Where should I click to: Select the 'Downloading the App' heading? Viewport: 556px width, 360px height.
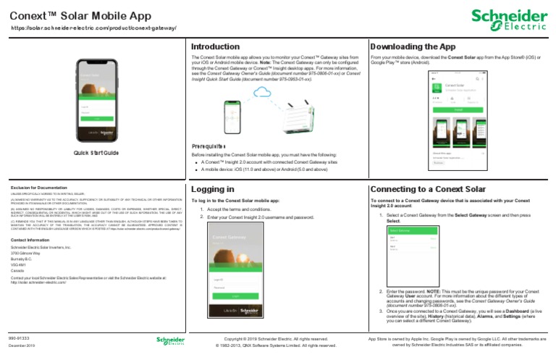[x=413, y=46]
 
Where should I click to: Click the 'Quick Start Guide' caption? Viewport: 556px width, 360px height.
[x=96, y=154]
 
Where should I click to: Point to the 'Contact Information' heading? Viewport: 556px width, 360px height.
[x=30, y=239]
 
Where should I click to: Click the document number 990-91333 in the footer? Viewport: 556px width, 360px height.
[x=19, y=338]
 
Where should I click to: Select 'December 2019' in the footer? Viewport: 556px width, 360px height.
[x=22, y=346]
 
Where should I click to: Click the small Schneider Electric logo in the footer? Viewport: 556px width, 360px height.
[x=170, y=341]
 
